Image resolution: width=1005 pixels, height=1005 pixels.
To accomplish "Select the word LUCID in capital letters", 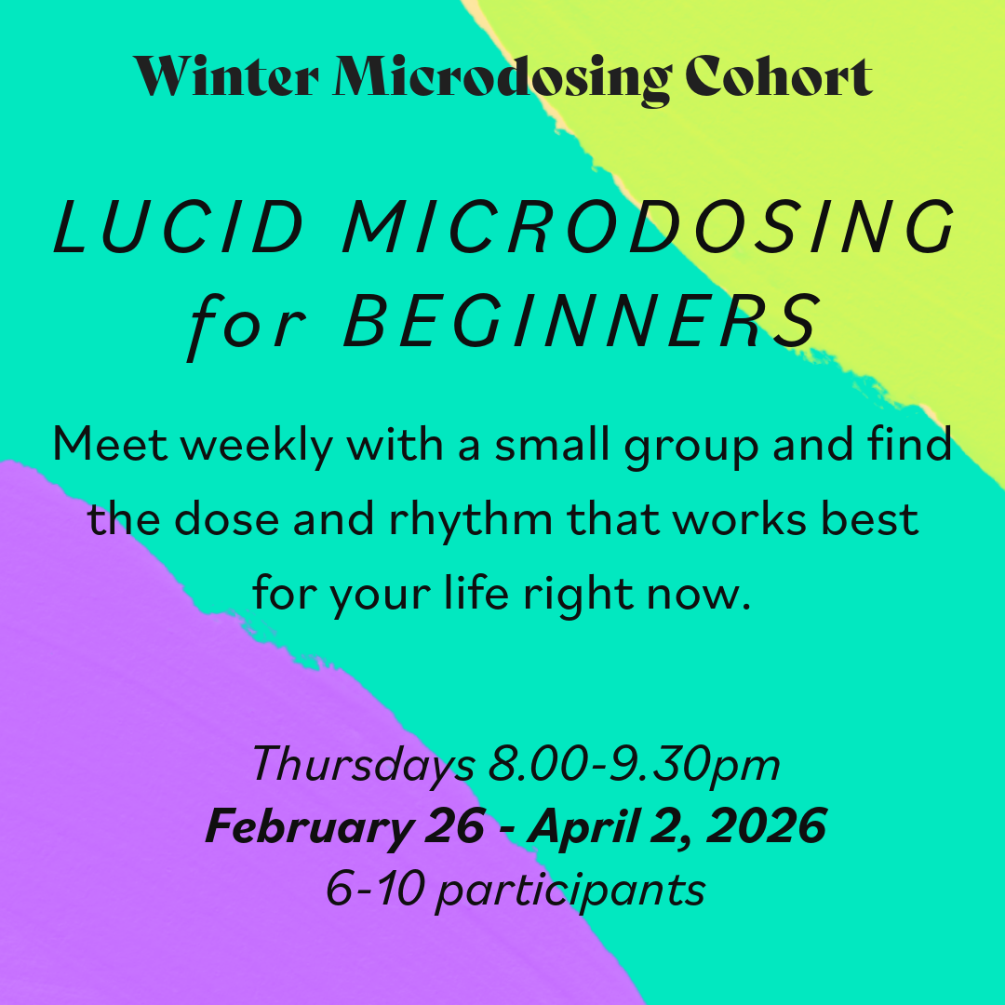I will pos(172,228).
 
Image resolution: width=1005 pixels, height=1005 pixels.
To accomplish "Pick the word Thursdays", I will pos(363,766).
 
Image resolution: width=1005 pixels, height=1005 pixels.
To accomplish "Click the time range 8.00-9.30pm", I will pos(634,766).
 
